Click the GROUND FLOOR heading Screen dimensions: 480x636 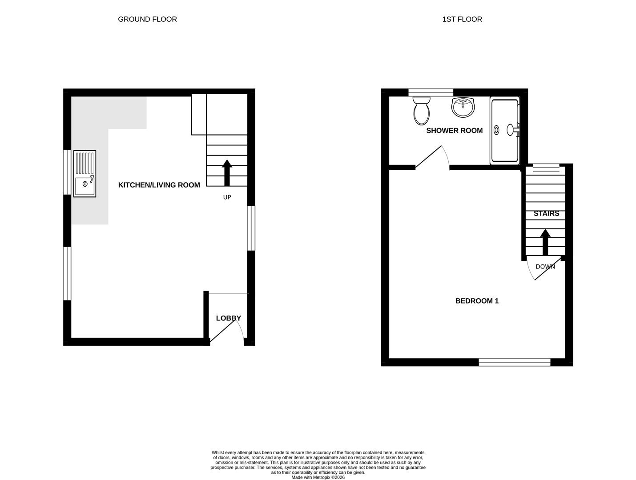point(147,19)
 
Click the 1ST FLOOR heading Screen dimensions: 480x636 point(462,19)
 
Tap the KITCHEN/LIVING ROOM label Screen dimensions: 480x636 point(159,185)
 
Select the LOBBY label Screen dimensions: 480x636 point(228,318)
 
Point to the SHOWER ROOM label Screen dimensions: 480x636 point(454,131)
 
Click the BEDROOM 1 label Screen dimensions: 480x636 point(477,301)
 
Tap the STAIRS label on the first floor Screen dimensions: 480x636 point(546,214)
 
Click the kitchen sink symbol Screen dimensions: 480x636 point(85,174)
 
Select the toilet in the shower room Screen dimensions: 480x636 point(421,111)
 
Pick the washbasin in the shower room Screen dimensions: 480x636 point(463,107)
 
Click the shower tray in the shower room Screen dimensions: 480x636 point(504,131)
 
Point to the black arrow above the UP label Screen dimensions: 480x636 point(227,173)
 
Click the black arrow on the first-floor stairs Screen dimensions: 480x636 point(545,242)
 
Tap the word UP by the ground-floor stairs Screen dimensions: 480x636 point(227,197)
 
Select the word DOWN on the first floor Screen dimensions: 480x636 point(545,267)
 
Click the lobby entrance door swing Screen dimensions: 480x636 point(227,331)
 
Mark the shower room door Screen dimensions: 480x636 point(431,158)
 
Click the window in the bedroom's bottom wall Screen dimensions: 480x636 point(514,362)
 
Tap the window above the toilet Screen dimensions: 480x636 point(430,92)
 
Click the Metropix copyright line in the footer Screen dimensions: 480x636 point(318,477)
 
